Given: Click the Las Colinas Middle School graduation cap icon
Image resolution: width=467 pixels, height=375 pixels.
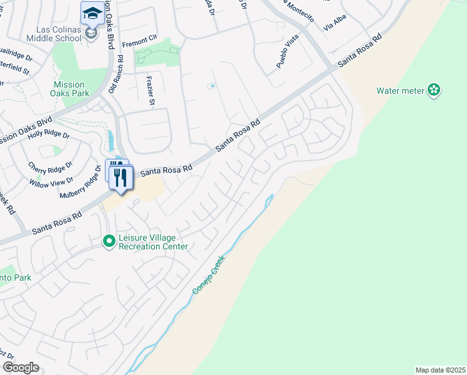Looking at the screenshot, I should [92, 12].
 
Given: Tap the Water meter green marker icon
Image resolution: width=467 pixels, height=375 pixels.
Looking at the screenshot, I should [434, 91].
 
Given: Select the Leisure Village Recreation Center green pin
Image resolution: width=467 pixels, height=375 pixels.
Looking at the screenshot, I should [109, 240].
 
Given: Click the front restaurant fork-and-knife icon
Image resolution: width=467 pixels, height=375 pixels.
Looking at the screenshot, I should [121, 177].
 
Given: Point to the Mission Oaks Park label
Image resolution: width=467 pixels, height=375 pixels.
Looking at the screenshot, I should [69, 89].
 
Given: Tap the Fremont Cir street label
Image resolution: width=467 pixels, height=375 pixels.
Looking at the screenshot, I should [138, 44].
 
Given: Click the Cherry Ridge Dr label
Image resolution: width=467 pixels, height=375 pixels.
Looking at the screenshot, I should [51, 167].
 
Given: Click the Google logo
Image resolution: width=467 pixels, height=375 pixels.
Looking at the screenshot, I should [21, 367].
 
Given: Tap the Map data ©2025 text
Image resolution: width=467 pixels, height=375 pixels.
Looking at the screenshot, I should [440, 369].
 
